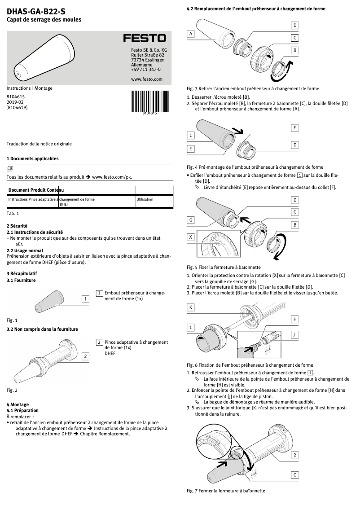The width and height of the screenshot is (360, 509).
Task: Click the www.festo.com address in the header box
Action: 146,79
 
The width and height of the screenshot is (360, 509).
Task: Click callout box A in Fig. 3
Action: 191,34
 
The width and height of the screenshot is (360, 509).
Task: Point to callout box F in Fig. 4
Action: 295,128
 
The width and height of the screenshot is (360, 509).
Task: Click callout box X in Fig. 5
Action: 191,237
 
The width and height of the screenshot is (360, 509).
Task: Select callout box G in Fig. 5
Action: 191,220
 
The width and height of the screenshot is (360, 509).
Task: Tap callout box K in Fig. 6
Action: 191,307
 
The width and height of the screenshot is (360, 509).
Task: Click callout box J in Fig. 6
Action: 295,334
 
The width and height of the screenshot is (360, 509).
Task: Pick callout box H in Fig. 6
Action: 295,319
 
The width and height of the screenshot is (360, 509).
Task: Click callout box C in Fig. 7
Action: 295,474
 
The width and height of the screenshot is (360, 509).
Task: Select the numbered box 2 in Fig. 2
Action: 85,356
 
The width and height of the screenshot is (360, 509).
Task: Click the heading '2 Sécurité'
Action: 17,225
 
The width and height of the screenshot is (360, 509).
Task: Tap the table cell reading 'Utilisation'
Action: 145,199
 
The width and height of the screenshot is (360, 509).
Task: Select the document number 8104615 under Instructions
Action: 16,97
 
